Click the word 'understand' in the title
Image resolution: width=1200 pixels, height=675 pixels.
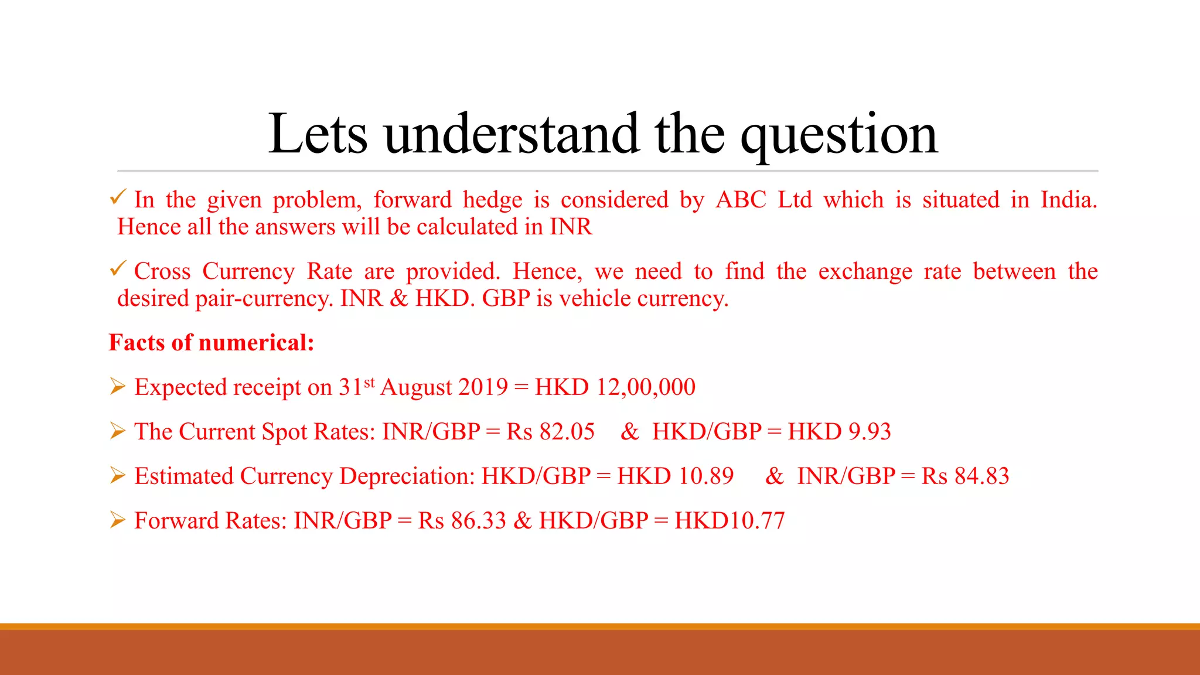click(x=510, y=135)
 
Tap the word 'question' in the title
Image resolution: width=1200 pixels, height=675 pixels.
click(x=838, y=136)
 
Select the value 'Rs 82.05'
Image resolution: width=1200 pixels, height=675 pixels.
click(x=550, y=432)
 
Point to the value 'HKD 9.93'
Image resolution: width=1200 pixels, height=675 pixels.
click(x=839, y=432)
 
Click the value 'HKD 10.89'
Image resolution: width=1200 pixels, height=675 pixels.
click(x=675, y=476)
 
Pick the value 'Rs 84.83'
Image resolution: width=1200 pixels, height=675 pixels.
click(x=965, y=476)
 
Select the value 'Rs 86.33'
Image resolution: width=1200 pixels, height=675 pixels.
click(x=462, y=521)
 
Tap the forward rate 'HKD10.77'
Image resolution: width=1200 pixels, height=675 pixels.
click(x=729, y=521)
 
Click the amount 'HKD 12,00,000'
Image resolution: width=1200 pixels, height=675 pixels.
click(x=615, y=387)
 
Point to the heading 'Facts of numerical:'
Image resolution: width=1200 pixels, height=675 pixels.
click(x=212, y=343)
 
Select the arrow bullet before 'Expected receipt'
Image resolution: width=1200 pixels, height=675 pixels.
click(x=118, y=387)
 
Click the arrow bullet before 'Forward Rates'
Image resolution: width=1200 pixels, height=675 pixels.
click(x=118, y=520)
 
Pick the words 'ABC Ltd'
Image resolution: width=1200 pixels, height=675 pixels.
click(x=763, y=200)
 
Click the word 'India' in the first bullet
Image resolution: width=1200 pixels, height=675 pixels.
click(x=1068, y=200)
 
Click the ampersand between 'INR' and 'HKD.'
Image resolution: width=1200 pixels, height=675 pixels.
click(x=398, y=299)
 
